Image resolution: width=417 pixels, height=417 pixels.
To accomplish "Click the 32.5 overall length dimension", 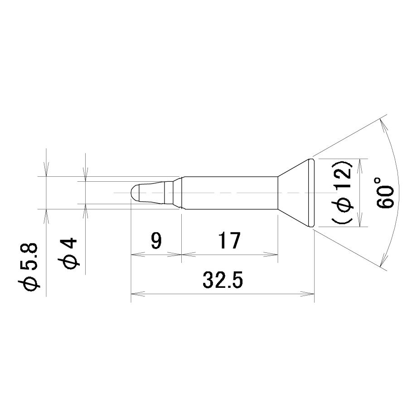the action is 223,280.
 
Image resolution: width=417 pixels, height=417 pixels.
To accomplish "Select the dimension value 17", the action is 229,240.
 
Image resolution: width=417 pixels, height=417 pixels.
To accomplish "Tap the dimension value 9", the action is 156,240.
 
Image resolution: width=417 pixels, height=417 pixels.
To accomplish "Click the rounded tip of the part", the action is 135,193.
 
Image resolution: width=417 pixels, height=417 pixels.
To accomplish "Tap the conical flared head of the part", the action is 293,193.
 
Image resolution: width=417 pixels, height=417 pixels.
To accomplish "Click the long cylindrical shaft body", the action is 231,193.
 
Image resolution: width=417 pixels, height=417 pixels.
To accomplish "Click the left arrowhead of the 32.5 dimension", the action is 138,294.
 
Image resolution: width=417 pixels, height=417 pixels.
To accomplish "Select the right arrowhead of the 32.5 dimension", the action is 307,294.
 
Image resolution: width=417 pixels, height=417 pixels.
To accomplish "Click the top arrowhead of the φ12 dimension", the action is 360,166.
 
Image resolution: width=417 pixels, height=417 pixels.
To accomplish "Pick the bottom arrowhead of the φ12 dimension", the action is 360,220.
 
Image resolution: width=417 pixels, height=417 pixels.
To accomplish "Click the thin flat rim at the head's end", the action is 312,193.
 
